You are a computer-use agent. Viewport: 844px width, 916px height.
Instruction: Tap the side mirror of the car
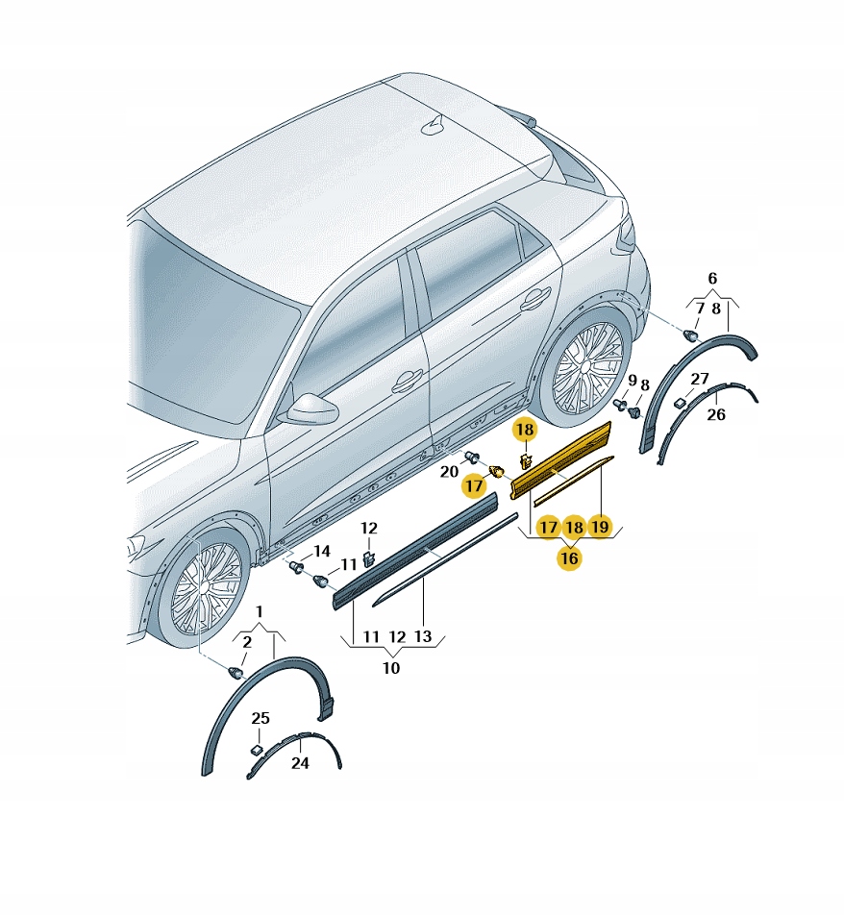309,408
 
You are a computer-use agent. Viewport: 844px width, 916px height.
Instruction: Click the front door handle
408,382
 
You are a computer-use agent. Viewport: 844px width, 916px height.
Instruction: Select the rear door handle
535,299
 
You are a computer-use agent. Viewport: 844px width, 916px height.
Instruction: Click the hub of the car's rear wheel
584,365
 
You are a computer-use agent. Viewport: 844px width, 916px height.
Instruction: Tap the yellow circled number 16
569,557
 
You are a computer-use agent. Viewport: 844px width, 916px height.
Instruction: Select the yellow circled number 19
600,527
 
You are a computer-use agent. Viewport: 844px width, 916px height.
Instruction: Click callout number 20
449,471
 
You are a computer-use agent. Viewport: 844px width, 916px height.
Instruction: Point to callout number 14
322,551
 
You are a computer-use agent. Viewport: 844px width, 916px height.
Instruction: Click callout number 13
423,636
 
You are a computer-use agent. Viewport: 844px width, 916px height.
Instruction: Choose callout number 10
390,668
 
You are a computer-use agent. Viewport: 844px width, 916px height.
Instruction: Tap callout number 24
300,763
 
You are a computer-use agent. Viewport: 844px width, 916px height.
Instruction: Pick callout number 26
716,415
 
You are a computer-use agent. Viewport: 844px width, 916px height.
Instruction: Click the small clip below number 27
680,403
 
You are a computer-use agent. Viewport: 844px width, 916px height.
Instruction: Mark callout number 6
712,279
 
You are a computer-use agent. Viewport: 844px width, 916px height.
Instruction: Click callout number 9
632,381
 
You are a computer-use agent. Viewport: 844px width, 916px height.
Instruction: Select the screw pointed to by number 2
236,673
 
